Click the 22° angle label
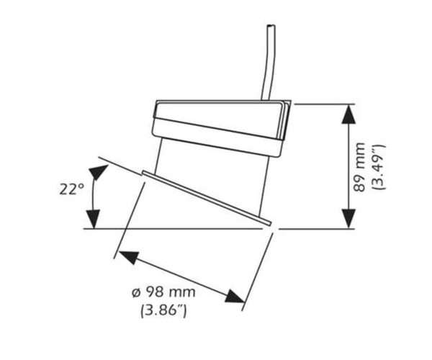pos(72,190)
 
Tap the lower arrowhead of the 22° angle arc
pos(91,218)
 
